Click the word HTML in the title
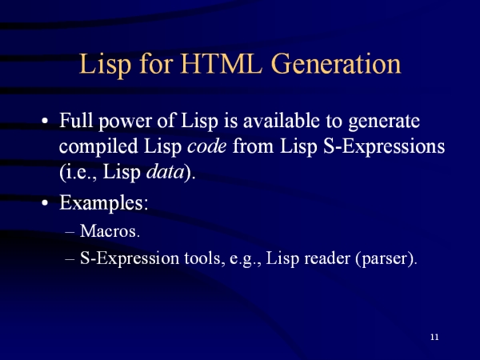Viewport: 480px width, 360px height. click(221, 64)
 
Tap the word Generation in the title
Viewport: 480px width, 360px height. click(336, 64)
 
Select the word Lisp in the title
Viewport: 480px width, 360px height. click(106, 66)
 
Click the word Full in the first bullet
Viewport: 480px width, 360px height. click(76, 120)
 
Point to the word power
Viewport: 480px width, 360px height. click(125, 122)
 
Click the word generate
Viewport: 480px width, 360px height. click(384, 122)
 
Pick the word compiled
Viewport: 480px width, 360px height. click(98, 147)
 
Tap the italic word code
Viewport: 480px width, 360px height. click(207, 146)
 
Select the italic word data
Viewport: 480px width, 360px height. click(165, 172)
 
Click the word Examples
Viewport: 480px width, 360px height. click(104, 202)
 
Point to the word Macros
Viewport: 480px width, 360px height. click(110, 231)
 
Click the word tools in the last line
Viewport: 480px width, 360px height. click(202, 258)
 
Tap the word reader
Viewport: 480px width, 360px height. click(327, 258)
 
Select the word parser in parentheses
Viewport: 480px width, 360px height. click(386, 259)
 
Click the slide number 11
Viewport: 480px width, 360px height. click(434, 337)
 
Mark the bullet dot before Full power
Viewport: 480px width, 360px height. click(45, 121)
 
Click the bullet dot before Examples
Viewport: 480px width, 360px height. click(45, 203)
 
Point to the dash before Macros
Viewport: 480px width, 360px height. click(70, 232)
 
